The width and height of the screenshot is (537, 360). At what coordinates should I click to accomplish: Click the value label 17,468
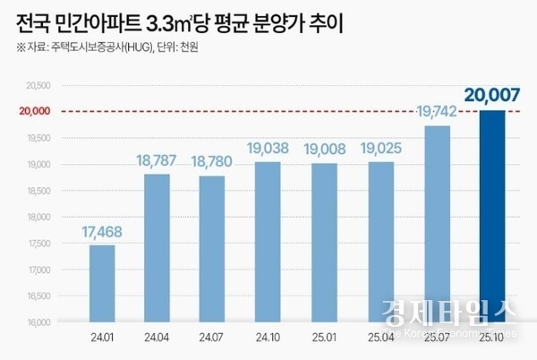pos(101,233)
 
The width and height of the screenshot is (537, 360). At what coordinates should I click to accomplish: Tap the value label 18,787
pos(157,161)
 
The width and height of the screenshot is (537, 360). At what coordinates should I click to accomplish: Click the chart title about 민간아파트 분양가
pos(179,20)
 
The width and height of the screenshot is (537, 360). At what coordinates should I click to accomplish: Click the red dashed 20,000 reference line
pos(268,112)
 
